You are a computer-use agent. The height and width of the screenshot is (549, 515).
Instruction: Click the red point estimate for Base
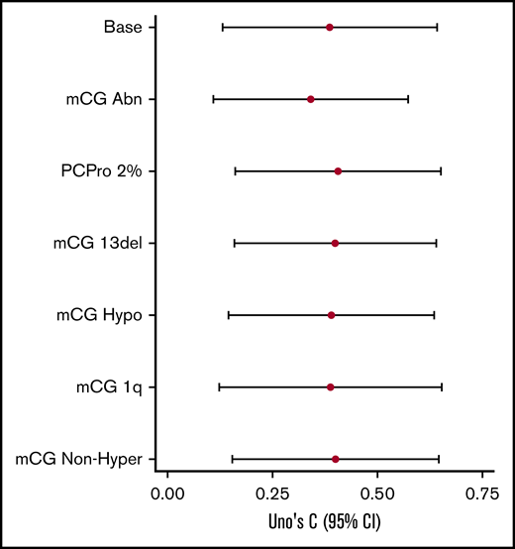pyautogui.click(x=329, y=27)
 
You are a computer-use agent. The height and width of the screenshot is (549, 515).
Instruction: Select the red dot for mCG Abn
pyautogui.click(x=311, y=99)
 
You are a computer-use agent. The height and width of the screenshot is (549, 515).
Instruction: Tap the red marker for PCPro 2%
pyautogui.click(x=338, y=171)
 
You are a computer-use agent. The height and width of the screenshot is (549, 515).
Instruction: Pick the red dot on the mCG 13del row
pyautogui.click(x=335, y=243)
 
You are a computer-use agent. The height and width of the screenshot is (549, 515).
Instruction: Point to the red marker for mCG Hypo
pyautogui.click(x=331, y=315)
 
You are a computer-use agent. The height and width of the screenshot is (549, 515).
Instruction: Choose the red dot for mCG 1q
pyautogui.click(x=330, y=386)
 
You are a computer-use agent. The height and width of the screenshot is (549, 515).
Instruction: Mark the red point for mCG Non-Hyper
pyautogui.click(x=336, y=459)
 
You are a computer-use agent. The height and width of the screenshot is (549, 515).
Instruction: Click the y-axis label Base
pyautogui.click(x=122, y=27)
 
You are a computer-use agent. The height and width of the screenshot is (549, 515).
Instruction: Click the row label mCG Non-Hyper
pyautogui.click(x=80, y=459)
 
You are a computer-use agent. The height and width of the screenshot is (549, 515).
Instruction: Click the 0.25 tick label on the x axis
pyautogui.click(x=272, y=493)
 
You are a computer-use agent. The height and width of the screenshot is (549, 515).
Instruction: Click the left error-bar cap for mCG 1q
pyautogui.click(x=219, y=386)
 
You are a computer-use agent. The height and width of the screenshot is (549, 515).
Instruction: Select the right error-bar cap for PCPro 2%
pyautogui.click(x=441, y=171)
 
